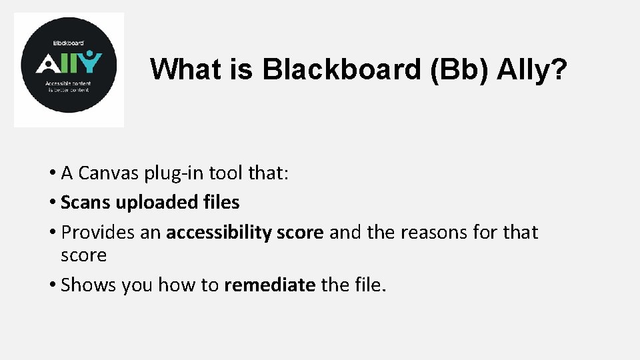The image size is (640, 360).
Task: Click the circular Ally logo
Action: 69,69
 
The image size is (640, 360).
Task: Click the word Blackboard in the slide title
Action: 343,69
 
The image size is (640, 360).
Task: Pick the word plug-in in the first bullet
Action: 175,173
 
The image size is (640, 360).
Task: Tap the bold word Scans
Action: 83,202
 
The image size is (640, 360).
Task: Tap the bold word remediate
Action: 270,285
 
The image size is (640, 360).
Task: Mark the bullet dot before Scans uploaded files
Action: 53,203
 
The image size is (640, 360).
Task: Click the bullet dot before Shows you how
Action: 53,286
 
